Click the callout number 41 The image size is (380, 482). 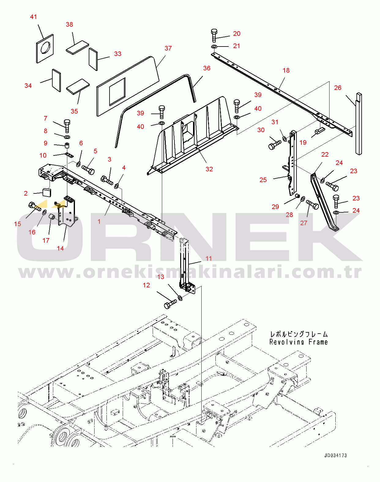coord(33,17)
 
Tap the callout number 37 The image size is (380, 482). coord(168,48)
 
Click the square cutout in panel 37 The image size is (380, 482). coord(117,92)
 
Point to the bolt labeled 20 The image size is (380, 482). coord(214,35)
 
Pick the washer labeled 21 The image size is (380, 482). coord(214,47)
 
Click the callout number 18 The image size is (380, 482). coord(286,70)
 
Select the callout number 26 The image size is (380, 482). coord(338,88)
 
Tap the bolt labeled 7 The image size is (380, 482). coord(67,126)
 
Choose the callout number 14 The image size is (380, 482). coord(60,248)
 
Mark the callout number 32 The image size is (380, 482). coord(209,169)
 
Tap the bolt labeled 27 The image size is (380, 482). coord(312,204)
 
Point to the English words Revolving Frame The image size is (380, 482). coord(299,342)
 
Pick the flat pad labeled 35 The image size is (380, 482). coord(78,87)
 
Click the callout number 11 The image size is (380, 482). coord(208,259)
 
